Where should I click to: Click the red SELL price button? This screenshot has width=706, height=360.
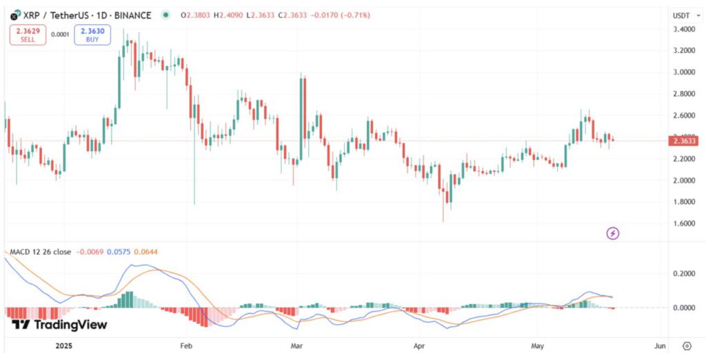[x=27, y=35]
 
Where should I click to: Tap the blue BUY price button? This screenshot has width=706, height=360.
[x=92, y=35]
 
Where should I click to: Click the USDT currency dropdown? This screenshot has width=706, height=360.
[x=683, y=15]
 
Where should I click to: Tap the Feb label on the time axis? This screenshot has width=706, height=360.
[x=185, y=345]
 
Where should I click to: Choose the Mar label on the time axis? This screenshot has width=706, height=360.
[x=297, y=345]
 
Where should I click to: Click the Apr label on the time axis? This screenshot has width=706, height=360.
[x=419, y=345]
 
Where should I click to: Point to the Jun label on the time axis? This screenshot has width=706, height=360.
[x=659, y=345]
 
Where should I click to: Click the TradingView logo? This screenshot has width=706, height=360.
[x=59, y=325]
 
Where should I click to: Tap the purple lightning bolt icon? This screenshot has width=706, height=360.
[x=613, y=234]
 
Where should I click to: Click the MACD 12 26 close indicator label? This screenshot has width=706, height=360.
[x=41, y=252]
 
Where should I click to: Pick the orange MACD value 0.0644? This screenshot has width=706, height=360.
[x=145, y=252]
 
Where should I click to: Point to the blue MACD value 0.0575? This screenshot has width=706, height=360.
[x=118, y=252]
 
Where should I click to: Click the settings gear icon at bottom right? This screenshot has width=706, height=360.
[x=687, y=345]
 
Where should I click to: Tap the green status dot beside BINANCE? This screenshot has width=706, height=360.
[x=165, y=15]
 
